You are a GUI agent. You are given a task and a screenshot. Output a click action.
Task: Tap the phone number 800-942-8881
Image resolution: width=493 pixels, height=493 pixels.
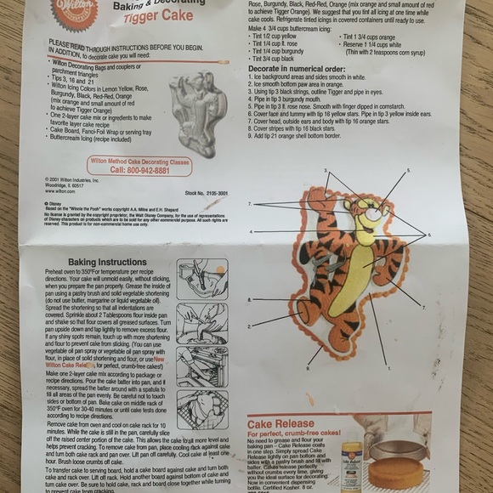click(139, 170)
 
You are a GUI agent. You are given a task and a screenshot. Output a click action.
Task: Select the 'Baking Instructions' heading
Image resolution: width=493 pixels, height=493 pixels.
click(108, 262)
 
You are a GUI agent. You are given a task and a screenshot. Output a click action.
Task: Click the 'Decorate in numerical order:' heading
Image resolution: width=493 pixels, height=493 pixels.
click(297, 70)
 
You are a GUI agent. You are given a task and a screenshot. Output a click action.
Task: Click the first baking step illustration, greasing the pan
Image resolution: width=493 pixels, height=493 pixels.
click(201, 279)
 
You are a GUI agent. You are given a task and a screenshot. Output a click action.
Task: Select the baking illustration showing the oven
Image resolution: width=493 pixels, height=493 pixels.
click(201, 365)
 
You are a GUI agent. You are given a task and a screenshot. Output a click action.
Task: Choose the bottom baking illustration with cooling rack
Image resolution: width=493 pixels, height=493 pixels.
click(201, 408)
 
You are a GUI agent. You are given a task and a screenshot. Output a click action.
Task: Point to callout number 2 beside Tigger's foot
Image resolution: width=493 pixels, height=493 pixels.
click(250, 326)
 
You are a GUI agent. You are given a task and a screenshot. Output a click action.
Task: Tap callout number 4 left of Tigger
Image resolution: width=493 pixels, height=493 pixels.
click(251, 231)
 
